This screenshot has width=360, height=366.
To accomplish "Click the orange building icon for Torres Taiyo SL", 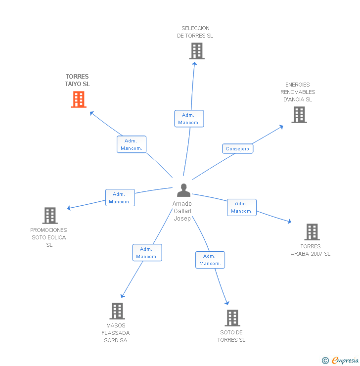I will pyautogui.click(x=79, y=99).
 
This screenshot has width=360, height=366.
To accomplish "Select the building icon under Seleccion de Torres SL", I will pyautogui.click(x=196, y=51).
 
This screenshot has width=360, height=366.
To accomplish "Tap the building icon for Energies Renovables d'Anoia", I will pyautogui.click(x=299, y=115).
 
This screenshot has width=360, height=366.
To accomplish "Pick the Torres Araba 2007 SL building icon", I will pyautogui.click(x=312, y=231).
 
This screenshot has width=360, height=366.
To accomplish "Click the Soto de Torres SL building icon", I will pyautogui.click(x=232, y=318).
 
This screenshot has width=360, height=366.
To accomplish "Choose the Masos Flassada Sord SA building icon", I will pyautogui.click(x=117, y=311).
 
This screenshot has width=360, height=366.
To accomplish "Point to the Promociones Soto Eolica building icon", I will pyautogui.click(x=49, y=216).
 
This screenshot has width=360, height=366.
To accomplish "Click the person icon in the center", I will pyautogui.click(x=183, y=190).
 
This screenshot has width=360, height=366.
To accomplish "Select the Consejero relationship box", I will pyautogui.click(x=237, y=148).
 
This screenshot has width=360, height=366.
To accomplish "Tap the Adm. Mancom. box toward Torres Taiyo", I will pyautogui.click(x=132, y=144).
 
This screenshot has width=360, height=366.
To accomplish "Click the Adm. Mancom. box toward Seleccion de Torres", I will pyautogui.click(x=189, y=119).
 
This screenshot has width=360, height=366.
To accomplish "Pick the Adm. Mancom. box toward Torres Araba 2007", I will pyautogui.click(x=241, y=207).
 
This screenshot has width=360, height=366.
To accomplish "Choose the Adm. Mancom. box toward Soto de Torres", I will pyautogui.click(x=210, y=260).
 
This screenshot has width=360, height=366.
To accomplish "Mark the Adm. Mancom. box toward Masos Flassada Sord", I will pyautogui.click(x=147, y=253).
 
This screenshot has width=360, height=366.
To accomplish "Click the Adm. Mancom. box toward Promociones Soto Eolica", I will pyautogui.click(x=120, y=198).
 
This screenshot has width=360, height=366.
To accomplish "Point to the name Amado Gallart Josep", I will pyautogui.click(x=182, y=211).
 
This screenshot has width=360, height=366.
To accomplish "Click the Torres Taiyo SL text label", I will pyautogui.click(x=77, y=80).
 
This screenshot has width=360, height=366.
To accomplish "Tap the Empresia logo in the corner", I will pyautogui.click(x=345, y=361).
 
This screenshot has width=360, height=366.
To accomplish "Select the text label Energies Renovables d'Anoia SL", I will pyautogui.click(x=298, y=92).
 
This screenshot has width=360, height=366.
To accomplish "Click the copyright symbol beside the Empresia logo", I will pyautogui.click(x=325, y=361).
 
